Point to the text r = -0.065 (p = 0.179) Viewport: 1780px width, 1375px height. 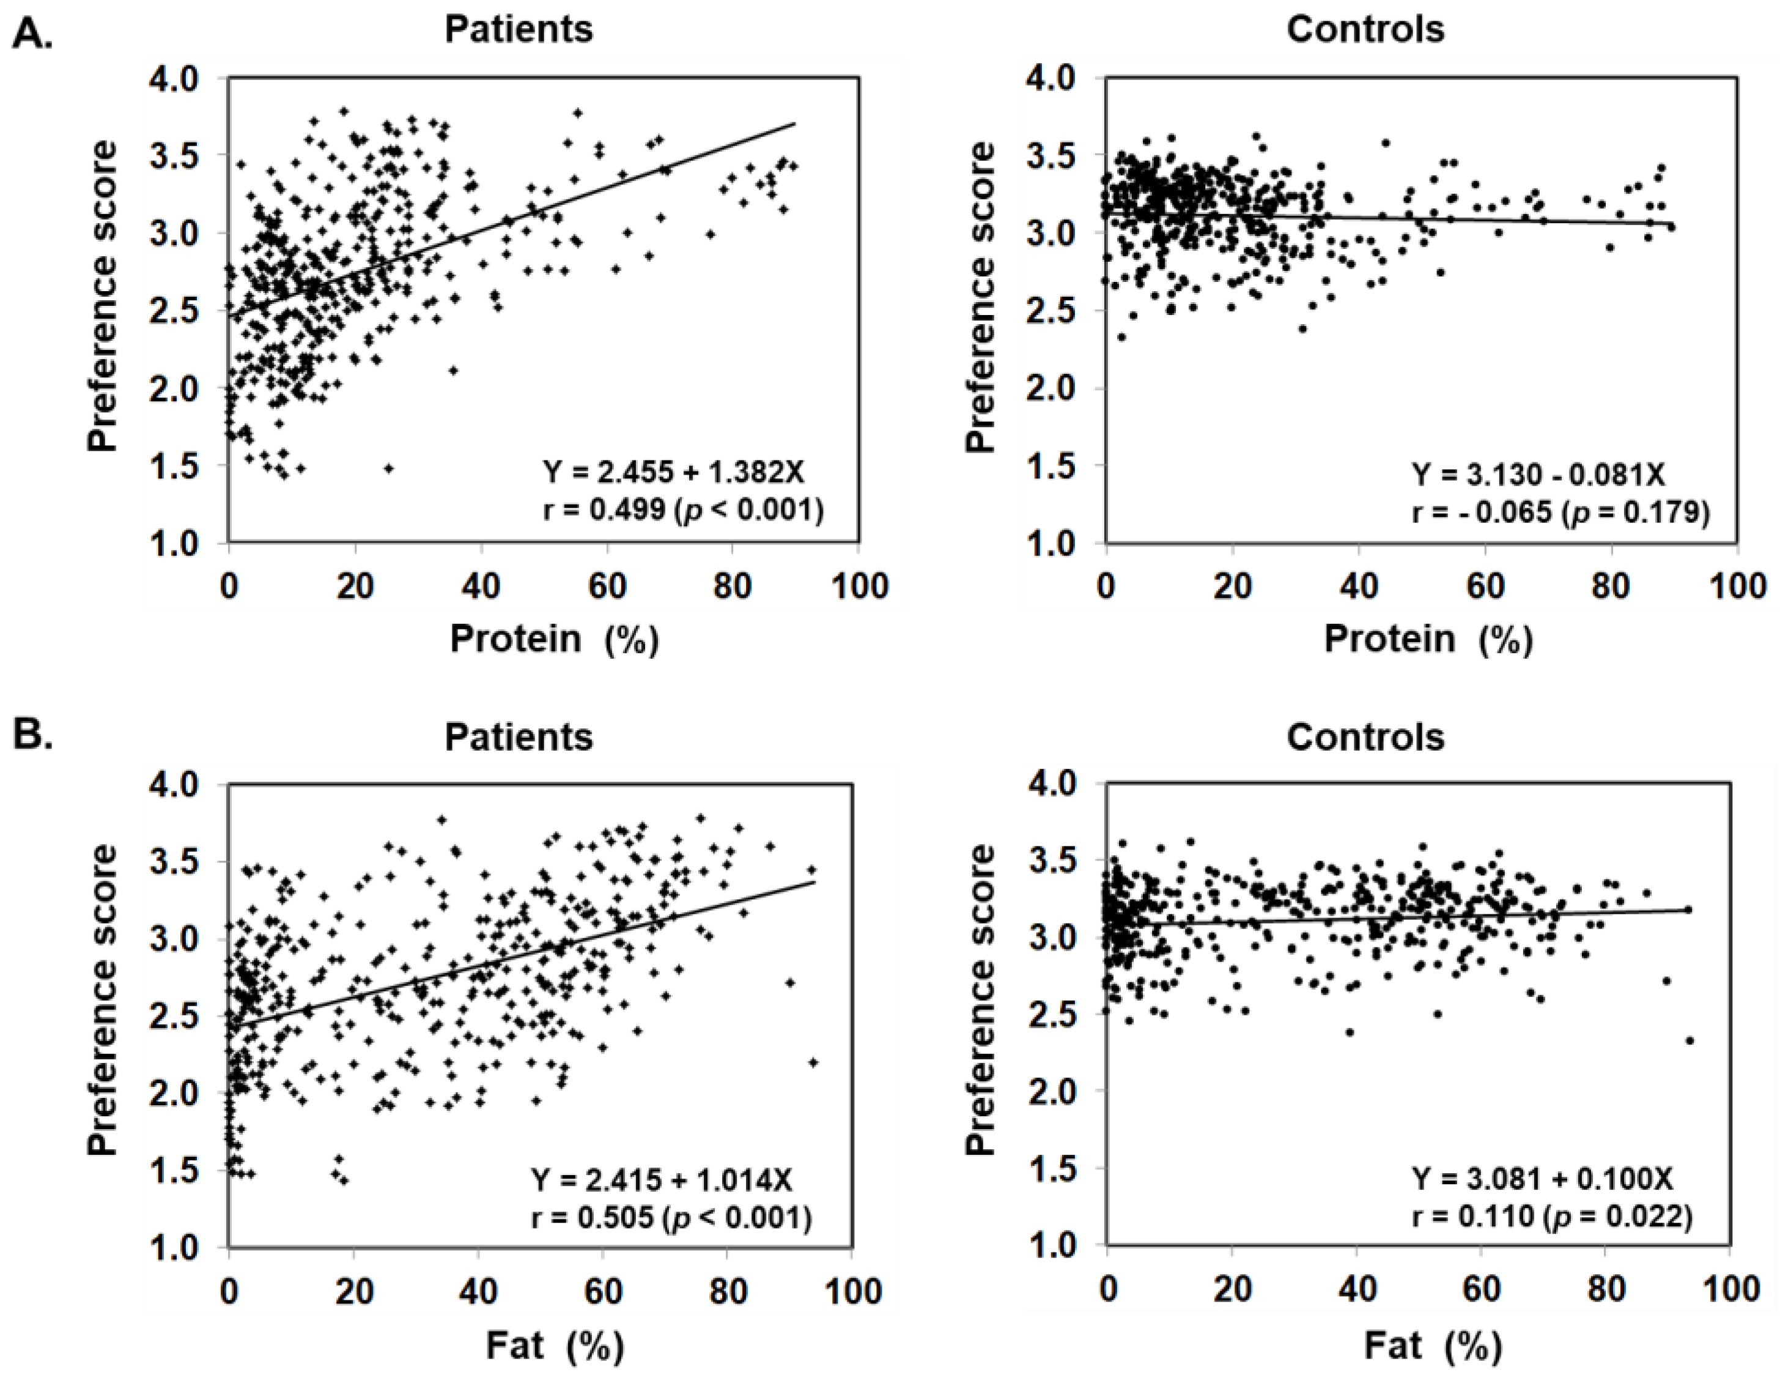1560,513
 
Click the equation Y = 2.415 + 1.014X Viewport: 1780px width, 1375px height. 661,1179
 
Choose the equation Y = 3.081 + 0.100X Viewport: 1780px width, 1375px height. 1542,1179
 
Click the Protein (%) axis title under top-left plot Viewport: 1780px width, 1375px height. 554,640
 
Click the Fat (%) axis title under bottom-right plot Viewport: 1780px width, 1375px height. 1433,1346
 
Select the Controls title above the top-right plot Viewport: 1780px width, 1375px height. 1365,30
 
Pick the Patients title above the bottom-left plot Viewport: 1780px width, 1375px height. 519,738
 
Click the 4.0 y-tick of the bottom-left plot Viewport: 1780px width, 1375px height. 174,784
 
